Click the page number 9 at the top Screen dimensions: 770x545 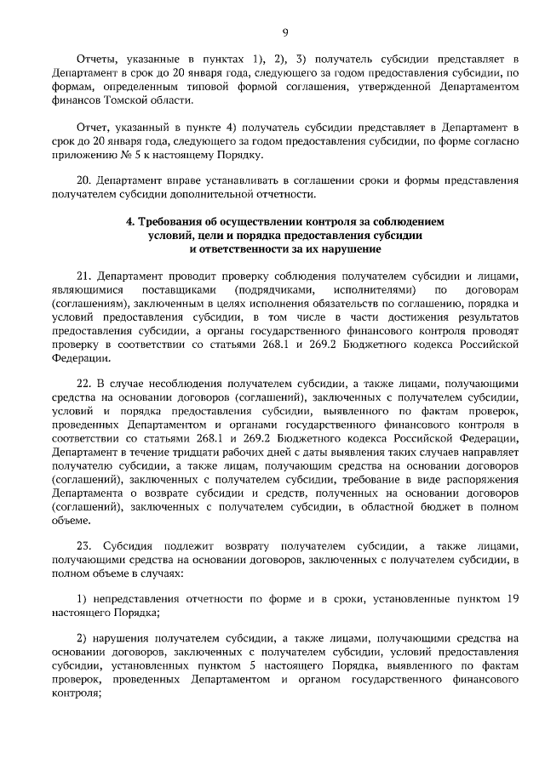pos(285,32)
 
